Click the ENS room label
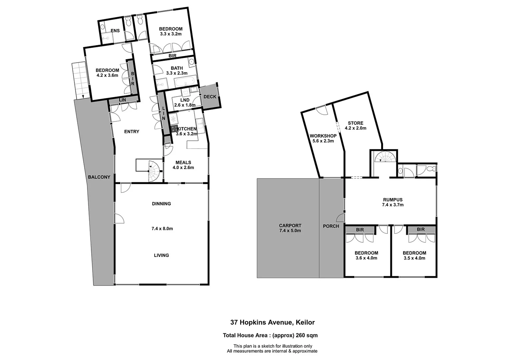coord(115,31)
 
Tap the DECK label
coord(210,97)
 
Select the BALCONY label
coord(99,177)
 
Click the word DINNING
coord(161,204)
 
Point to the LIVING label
coord(161,255)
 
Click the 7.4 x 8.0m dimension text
coord(162,229)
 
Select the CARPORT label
coord(290,226)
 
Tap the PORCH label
coord(331,226)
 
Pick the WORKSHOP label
coord(323,136)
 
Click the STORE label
coord(355,123)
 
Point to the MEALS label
coord(183,163)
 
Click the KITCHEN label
coord(187,129)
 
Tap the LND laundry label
coord(185,100)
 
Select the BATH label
coord(177,68)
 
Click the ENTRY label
coord(132,132)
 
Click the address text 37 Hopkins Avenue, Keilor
coord(272,322)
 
